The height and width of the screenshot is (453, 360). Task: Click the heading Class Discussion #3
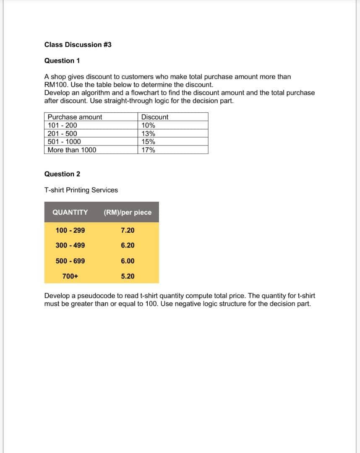(78, 44)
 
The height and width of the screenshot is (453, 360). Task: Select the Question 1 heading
(62, 61)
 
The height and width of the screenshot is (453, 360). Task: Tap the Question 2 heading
(62, 174)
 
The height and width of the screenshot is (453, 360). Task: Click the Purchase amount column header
(75, 117)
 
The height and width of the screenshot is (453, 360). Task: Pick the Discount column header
(154, 117)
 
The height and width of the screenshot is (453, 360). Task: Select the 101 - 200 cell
(62, 125)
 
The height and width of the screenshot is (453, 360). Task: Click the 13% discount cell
(148, 134)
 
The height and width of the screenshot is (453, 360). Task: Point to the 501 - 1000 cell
(64, 142)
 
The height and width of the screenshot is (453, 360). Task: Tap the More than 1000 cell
(72, 150)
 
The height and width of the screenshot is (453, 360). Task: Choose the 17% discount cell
(148, 150)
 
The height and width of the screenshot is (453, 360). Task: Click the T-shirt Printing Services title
(81, 190)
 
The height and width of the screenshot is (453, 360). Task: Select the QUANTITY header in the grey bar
(70, 212)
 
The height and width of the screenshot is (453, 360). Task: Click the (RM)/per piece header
(128, 212)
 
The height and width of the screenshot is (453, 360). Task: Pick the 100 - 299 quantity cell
(70, 230)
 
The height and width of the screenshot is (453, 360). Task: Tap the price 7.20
(128, 230)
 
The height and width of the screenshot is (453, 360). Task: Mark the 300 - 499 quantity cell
(70, 245)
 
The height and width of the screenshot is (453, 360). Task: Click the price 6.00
(128, 261)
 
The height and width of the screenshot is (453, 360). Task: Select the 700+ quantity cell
(70, 276)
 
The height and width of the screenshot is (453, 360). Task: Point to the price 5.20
(128, 276)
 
